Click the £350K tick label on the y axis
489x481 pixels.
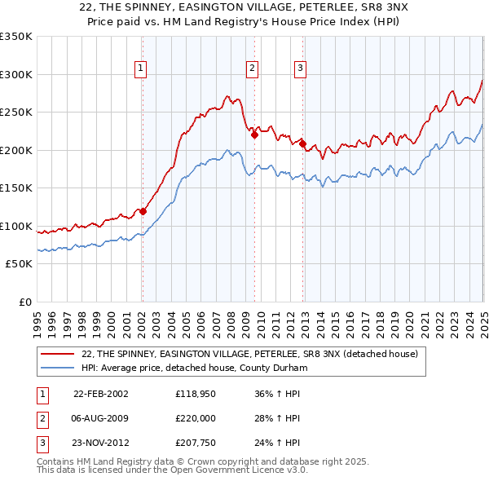(x=16, y=37)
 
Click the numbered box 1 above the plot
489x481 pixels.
(x=142, y=68)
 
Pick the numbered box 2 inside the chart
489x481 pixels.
(x=253, y=68)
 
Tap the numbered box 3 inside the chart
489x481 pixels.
(x=301, y=68)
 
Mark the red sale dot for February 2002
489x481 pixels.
(x=143, y=211)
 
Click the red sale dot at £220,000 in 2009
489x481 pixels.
(x=254, y=135)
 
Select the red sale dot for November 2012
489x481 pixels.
(x=302, y=144)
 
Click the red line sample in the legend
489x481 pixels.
(x=58, y=354)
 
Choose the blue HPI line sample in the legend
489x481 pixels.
(x=58, y=368)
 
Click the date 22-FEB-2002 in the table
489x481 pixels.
(x=101, y=393)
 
